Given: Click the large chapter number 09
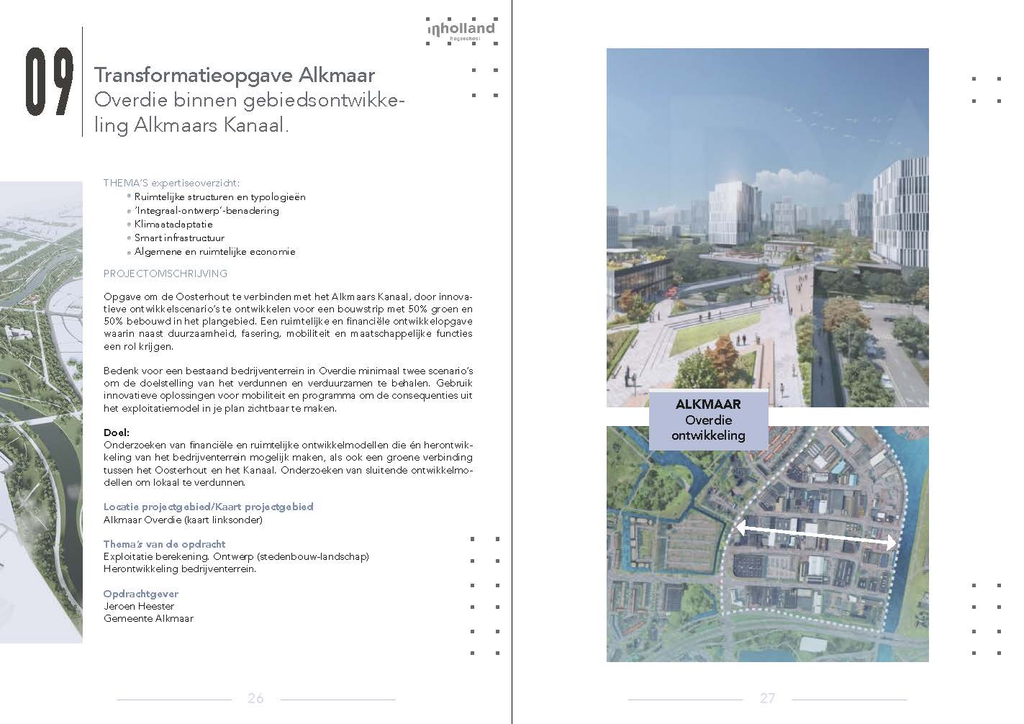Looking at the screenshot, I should click(x=50, y=83).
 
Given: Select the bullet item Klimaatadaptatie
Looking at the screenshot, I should click(x=173, y=224).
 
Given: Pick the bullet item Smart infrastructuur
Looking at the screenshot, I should click(x=179, y=237).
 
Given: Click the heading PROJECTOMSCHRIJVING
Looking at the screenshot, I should click(x=166, y=273).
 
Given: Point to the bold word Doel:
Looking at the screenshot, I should click(x=117, y=433).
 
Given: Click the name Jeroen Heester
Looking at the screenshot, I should click(x=139, y=606).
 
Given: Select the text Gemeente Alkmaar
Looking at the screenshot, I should click(x=148, y=618).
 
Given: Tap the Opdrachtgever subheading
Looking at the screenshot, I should click(x=141, y=594).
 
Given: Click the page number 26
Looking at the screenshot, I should click(x=255, y=698).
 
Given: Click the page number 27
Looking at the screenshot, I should click(x=767, y=698).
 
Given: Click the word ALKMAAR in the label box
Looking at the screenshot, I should click(x=708, y=404).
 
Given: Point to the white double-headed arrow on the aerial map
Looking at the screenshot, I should click(x=815, y=536).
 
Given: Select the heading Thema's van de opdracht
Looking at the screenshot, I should click(x=164, y=544).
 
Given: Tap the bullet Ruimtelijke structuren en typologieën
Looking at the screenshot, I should click(x=219, y=196).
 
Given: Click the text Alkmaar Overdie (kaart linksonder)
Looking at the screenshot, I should click(x=183, y=519).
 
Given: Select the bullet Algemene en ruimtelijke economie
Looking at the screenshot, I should click(x=214, y=252).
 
